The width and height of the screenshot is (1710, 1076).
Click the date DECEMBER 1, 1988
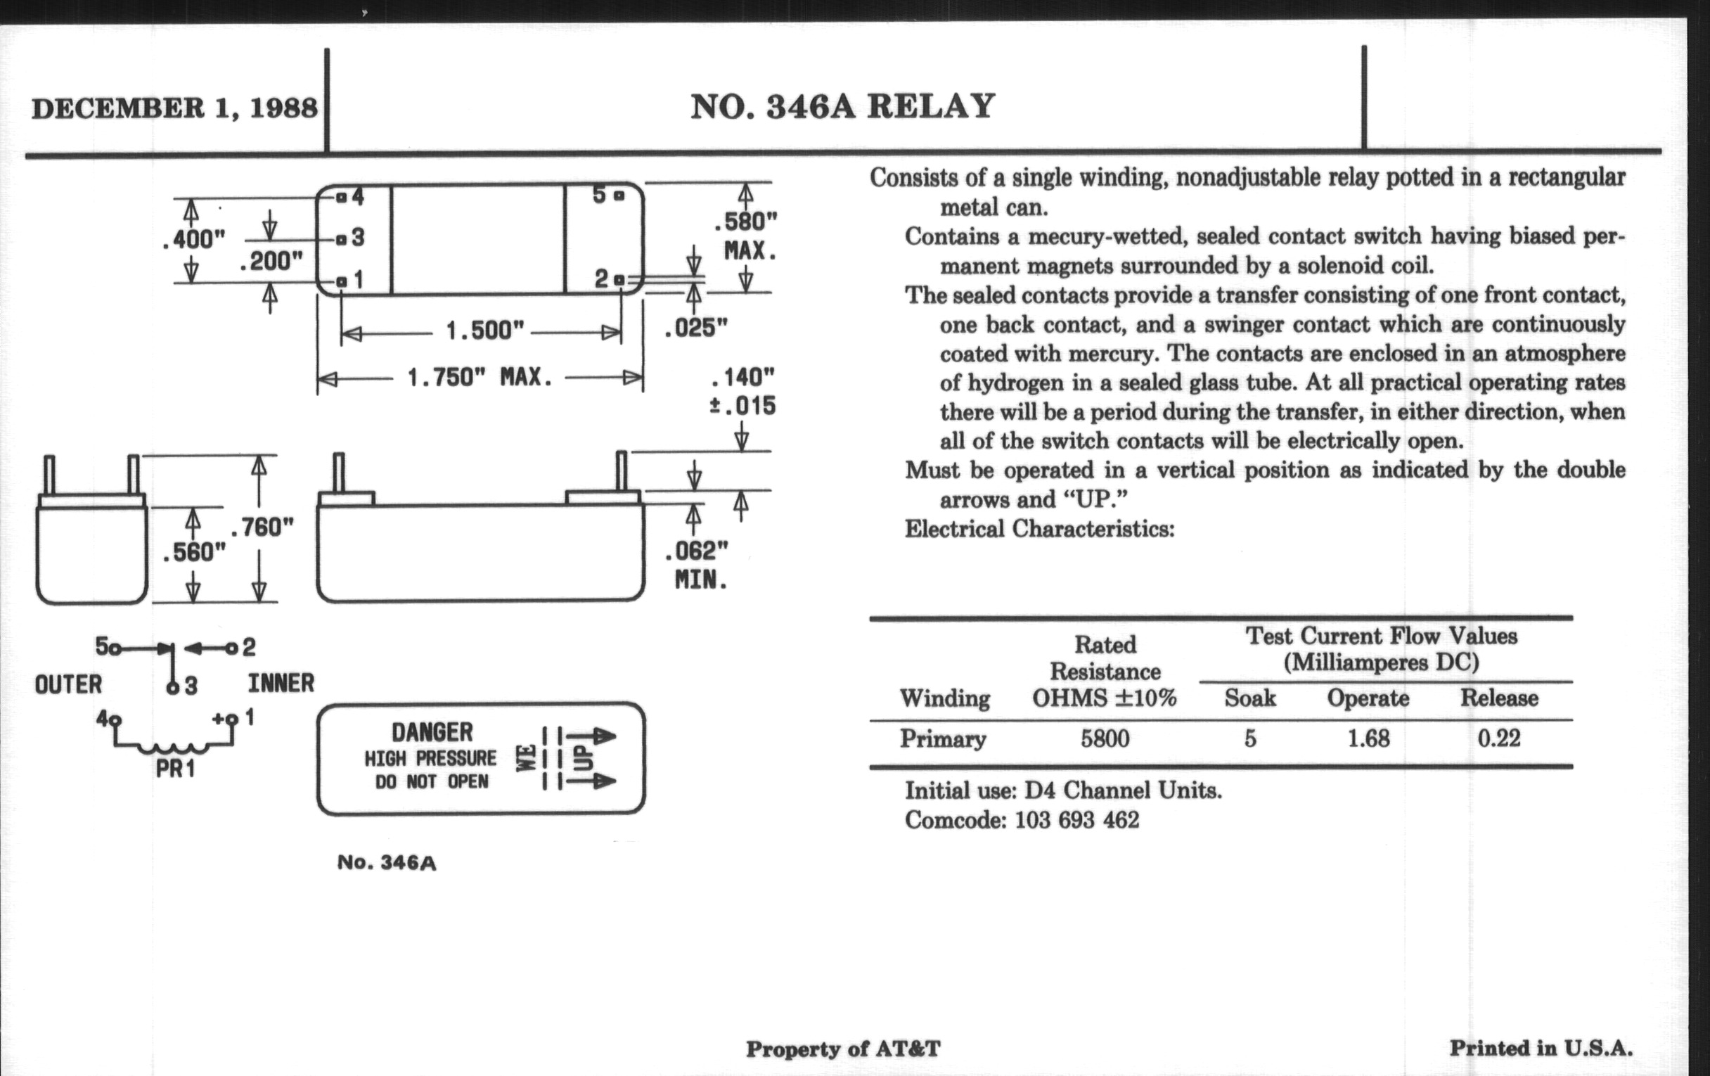click(174, 108)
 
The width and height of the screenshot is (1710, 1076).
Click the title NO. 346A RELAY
click(842, 106)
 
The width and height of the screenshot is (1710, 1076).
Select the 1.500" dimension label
click(484, 331)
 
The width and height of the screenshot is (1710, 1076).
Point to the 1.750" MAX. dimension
click(480, 377)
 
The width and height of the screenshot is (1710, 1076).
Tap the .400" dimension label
click(193, 239)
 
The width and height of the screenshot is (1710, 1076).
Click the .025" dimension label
click(696, 328)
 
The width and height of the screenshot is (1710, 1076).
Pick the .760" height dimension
click(262, 527)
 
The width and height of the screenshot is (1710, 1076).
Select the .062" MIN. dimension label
click(698, 565)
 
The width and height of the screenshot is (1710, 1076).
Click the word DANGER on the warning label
click(432, 732)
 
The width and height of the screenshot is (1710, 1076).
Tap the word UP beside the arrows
click(582, 758)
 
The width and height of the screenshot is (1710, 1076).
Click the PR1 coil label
click(174, 769)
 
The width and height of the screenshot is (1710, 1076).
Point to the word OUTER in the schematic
click(68, 685)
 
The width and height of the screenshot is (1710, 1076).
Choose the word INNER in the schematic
click(281, 684)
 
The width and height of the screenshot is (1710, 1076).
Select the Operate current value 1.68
click(1368, 738)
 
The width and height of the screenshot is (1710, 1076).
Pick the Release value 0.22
click(1498, 738)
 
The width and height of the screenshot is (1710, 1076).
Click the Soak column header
click(1250, 698)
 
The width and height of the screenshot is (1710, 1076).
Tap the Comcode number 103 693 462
click(1076, 820)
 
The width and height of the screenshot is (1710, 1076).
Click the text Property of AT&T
click(843, 1049)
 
